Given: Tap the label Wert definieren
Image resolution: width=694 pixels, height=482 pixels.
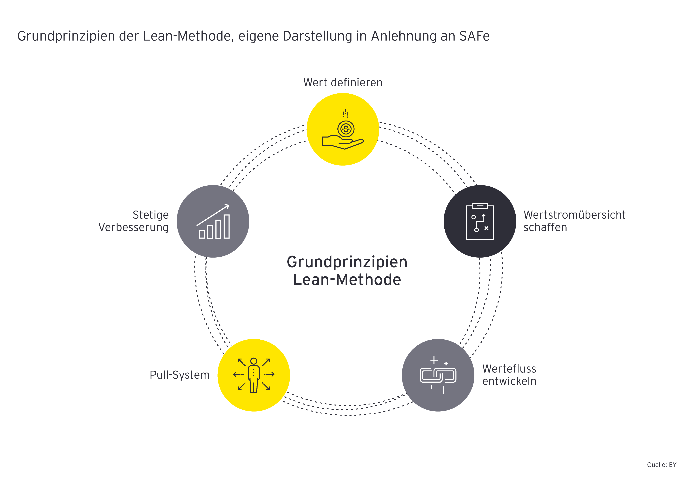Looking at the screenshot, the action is click(x=343, y=82).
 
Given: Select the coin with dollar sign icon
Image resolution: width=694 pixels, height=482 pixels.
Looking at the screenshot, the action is click(x=346, y=129).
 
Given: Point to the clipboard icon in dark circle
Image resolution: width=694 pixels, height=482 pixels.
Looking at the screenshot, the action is click(x=480, y=221).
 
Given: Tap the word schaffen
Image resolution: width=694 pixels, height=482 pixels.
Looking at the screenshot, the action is click(x=545, y=227).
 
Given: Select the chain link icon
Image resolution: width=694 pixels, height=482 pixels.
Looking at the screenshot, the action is click(x=438, y=375).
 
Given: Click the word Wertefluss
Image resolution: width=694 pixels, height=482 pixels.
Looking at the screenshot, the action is click(x=509, y=369).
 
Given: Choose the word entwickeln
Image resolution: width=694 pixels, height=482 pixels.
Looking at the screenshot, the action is click(x=509, y=381).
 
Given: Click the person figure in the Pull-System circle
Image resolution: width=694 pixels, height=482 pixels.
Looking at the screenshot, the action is click(x=254, y=375).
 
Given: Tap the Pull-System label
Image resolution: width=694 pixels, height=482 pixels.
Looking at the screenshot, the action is click(x=180, y=375).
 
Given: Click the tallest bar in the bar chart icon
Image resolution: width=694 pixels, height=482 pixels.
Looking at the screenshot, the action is click(x=226, y=226).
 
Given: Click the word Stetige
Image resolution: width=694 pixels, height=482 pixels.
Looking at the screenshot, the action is click(x=151, y=215).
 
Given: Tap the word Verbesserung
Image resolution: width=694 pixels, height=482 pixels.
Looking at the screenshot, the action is click(x=134, y=227).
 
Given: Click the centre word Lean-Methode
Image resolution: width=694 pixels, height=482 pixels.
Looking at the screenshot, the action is click(x=347, y=279).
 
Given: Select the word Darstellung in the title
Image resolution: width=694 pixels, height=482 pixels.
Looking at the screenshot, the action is click(x=317, y=36).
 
